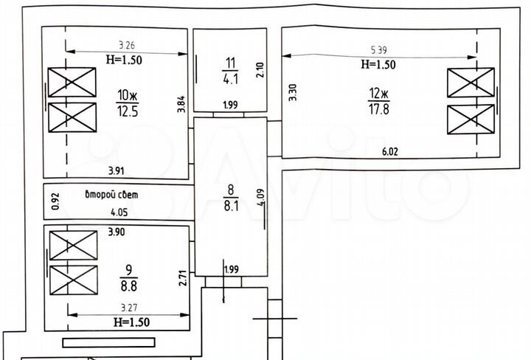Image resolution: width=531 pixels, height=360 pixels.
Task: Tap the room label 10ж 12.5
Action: (x=128, y=103)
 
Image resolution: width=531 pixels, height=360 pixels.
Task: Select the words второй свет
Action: (x=112, y=195)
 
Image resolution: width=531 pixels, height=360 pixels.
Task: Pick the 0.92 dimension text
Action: (x=55, y=201)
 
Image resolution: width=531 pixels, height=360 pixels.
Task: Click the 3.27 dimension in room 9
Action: (x=128, y=308)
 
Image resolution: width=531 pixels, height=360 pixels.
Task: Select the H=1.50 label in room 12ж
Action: (x=378, y=64)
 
